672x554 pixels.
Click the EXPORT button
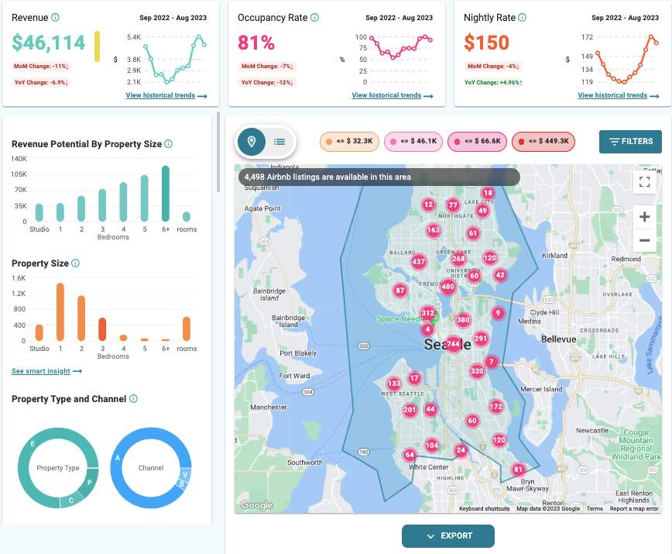pyautogui.click(x=447, y=536)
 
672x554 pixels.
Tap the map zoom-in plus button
pyautogui.click(x=644, y=217)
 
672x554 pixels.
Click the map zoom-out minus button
pyautogui.click(x=644, y=241)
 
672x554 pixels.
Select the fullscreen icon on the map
pyautogui.click(x=644, y=182)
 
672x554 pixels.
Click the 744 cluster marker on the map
pyautogui.click(x=453, y=344)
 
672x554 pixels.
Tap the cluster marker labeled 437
pyautogui.click(x=419, y=262)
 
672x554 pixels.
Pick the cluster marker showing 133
pyautogui.click(x=394, y=384)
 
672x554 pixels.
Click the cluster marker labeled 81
pyautogui.click(x=518, y=470)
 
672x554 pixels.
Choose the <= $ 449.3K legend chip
pyautogui.click(x=543, y=142)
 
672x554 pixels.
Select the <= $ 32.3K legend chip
pyautogui.click(x=350, y=142)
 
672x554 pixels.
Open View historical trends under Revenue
pyautogui.click(x=166, y=95)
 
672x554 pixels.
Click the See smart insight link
pyautogui.click(x=46, y=371)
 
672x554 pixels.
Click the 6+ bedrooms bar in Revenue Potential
pyautogui.click(x=165, y=194)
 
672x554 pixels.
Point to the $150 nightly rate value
pyautogui.click(x=486, y=43)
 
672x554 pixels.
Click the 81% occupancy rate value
pyautogui.click(x=256, y=43)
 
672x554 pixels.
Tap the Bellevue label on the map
pyautogui.click(x=559, y=339)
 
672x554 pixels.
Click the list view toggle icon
pyautogui.click(x=279, y=142)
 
